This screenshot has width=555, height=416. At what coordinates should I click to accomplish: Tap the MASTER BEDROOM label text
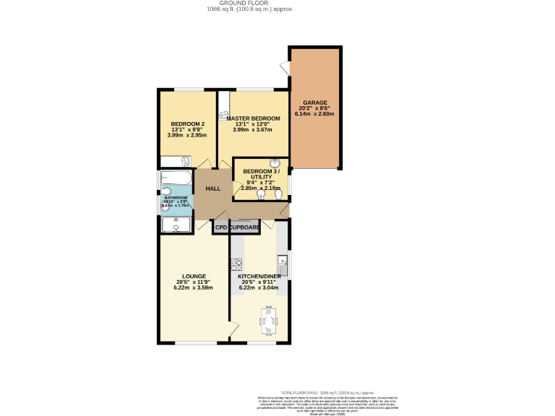(253, 118)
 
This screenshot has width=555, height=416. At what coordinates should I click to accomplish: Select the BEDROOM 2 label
(182, 123)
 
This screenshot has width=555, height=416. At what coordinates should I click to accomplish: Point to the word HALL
(213, 188)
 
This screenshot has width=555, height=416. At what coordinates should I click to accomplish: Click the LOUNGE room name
(194, 276)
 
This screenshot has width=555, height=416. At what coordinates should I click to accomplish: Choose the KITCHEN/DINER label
(259, 276)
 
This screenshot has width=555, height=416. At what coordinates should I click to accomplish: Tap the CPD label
(221, 227)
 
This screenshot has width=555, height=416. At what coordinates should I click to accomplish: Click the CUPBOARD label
(245, 227)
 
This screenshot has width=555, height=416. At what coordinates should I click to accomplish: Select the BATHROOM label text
(176, 198)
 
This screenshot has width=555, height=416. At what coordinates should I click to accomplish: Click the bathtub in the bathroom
(176, 178)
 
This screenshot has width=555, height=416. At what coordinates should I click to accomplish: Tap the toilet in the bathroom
(166, 191)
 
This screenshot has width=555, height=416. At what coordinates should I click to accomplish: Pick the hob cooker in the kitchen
(236, 264)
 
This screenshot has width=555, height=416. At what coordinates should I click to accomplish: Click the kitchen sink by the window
(285, 264)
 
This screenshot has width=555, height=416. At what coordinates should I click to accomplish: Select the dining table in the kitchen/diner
(268, 319)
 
